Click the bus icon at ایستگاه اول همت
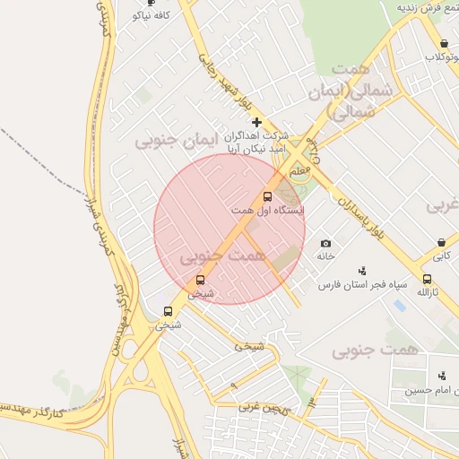pyautogui.click(x=267, y=196)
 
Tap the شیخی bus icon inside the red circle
pyautogui.click(x=199, y=280)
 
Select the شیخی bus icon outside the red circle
pyautogui.click(x=168, y=311)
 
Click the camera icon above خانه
pyautogui.click(x=325, y=243)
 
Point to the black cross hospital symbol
pyautogui.click(x=256, y=121)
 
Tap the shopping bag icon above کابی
pyautogui.click(x=441, y=242)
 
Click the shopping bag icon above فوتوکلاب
pyautogui.click(x=444, y=43)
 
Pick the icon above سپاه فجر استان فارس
pyautogui.click(x=362, y=270)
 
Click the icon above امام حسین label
pyautogui.click(x=440, y=376)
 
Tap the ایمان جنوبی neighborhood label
pyautogui.click(x=170, y=142)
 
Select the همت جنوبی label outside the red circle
pyautogui.click(x=375, y=350)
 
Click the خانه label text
pyautogui.click(x=325, y=256)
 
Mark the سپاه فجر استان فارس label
pyautogui.click(x=362, y=284)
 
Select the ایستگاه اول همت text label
pyautogui.click(x=267, y=210)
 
